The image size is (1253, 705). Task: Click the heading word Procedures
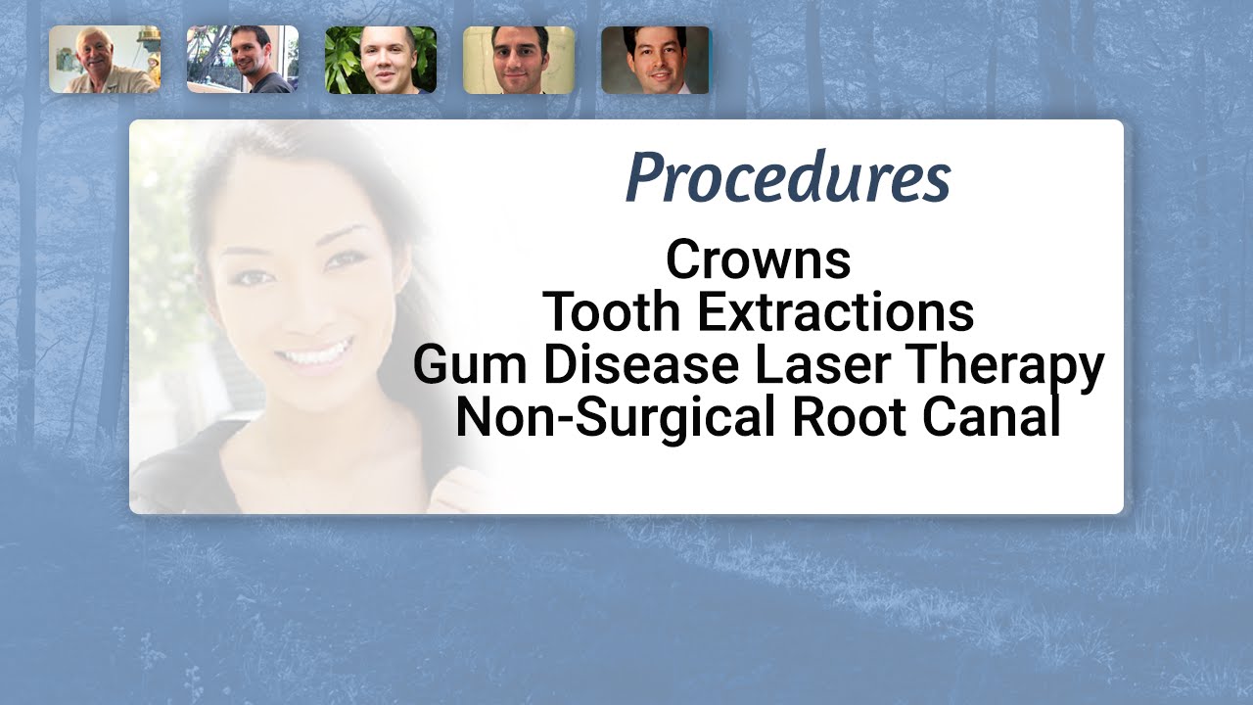click(x=788, y=178)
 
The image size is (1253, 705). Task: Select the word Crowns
click(x=759, y=260)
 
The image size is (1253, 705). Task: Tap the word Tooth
click(x=611, y=311)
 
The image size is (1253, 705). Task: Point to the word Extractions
click(x=836, y=311)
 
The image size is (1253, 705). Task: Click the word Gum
click(x=470, y=365)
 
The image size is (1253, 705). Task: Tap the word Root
click(x=841, y=418)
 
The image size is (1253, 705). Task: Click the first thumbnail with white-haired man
click(x=105, y=60)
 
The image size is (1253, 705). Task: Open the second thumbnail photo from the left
click(x=243, y=60)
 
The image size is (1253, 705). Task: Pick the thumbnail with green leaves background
click(x=381, y=60)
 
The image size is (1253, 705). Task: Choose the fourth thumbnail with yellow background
click(x=519, y=60)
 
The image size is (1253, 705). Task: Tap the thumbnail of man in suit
click(x=655, y=60)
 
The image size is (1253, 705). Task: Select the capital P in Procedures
click(x=645, y=178)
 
